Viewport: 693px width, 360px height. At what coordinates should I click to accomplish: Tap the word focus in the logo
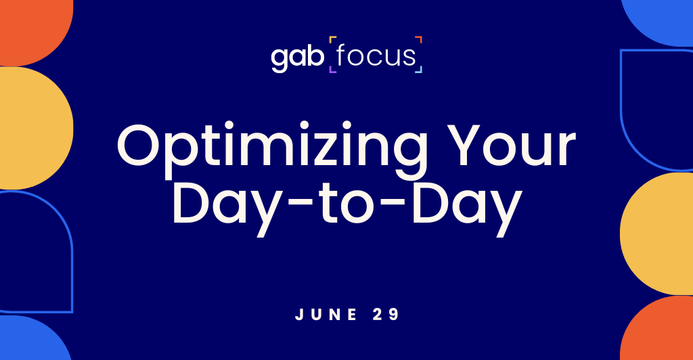[x=376, y=56]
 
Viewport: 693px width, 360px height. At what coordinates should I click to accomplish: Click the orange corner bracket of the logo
[x=419, y=39]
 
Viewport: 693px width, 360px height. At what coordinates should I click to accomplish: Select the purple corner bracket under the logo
[x=332, y=70]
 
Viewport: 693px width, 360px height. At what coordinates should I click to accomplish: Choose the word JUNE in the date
[x=323, y=314]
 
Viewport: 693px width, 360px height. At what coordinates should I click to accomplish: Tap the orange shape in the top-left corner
[x=30, y=27]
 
